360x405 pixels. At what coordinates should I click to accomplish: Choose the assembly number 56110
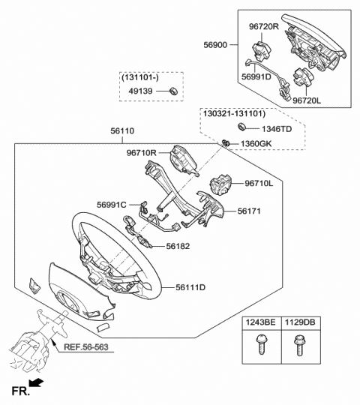(x=122, y=130)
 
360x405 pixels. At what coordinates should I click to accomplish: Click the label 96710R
(x=141, y=154)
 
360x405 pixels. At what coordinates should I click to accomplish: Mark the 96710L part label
(x=260, y=183)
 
